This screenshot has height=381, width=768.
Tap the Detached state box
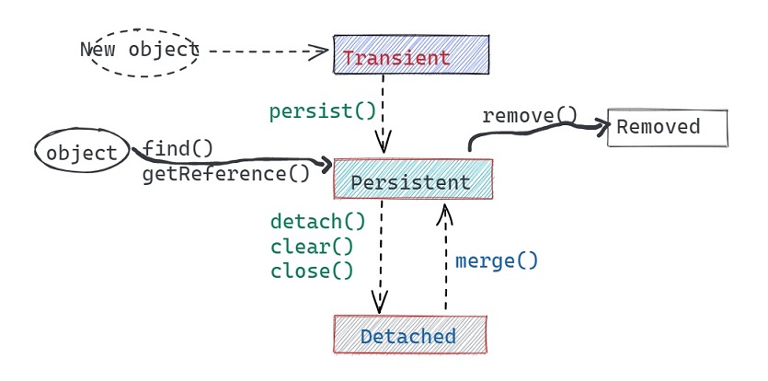[409, 335]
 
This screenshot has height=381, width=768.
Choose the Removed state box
[667, 127]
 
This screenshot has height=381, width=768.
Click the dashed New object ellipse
[139, 50]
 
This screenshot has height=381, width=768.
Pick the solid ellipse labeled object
[82, 152]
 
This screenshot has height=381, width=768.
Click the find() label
[178, 149]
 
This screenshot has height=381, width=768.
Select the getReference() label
[226, 174]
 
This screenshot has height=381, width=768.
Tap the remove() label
[529, 116]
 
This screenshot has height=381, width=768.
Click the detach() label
[317, 222]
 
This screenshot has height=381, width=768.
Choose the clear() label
[312, 246]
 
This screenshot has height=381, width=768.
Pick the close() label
[312, 271]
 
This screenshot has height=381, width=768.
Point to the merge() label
[497, 260]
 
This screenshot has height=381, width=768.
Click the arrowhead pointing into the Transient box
[321, 51]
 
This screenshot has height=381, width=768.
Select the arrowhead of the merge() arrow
[444, 214]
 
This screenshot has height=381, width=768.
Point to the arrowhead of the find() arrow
[323, 167]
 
